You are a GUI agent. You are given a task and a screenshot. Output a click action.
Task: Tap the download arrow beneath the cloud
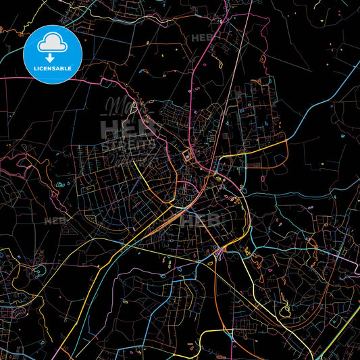click(51, 57)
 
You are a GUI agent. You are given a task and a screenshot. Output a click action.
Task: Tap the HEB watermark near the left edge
click(54, 220)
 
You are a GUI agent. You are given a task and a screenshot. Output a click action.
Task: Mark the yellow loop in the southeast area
click(288, 310)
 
